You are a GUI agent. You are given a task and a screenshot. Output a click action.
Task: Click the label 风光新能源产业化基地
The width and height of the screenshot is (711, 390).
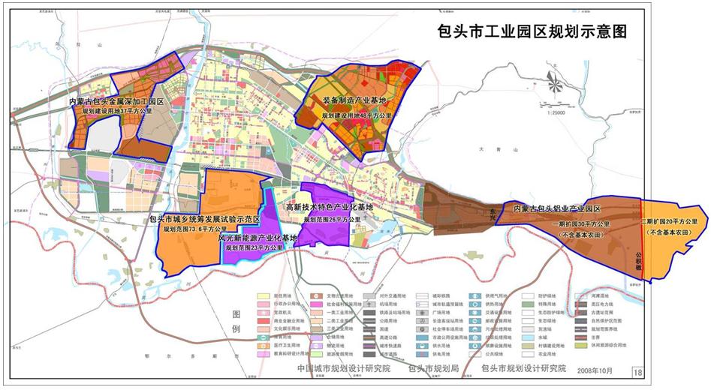258,237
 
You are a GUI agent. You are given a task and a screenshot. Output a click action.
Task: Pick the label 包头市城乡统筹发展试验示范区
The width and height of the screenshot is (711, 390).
204,218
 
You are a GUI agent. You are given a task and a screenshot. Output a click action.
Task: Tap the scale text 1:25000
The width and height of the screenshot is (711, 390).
556,112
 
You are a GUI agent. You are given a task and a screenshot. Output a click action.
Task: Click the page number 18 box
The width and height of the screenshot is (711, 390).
638,370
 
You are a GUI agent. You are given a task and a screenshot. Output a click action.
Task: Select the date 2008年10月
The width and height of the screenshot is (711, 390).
596,370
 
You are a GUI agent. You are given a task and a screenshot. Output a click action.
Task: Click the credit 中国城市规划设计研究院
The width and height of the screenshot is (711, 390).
344,369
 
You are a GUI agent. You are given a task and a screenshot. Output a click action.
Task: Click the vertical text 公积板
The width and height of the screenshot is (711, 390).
640,260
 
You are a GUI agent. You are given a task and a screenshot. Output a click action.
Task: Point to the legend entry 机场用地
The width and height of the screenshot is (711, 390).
391,306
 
